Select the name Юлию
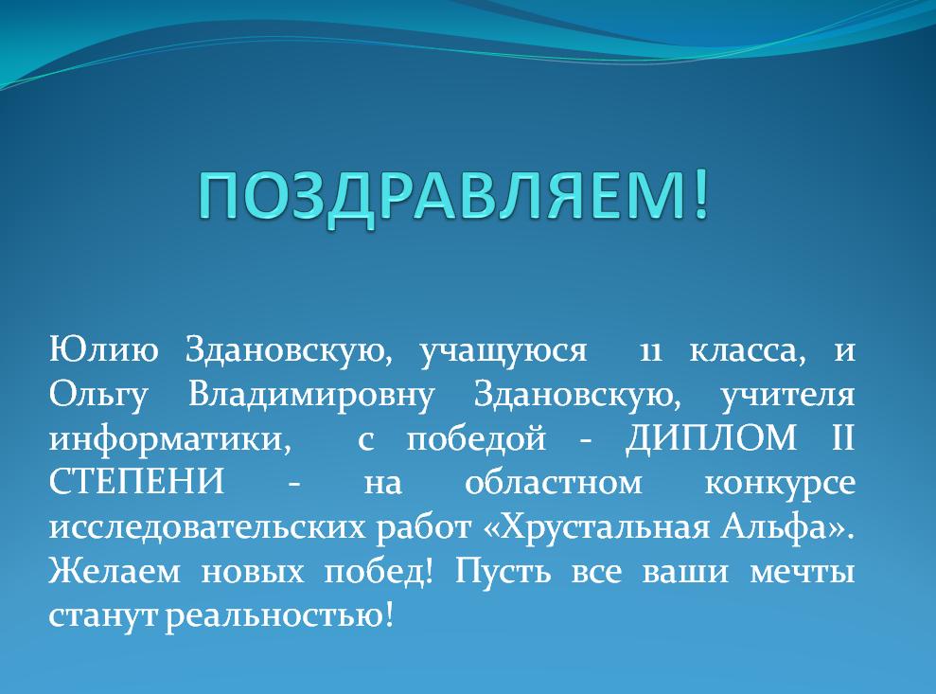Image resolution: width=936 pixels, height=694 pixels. [104, 349]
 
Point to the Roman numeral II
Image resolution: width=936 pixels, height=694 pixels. [843, 437]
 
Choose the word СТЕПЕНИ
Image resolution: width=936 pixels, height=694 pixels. [136, 482]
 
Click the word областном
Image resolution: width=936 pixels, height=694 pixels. [554, 482]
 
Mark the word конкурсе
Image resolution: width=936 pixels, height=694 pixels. [780, 485]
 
